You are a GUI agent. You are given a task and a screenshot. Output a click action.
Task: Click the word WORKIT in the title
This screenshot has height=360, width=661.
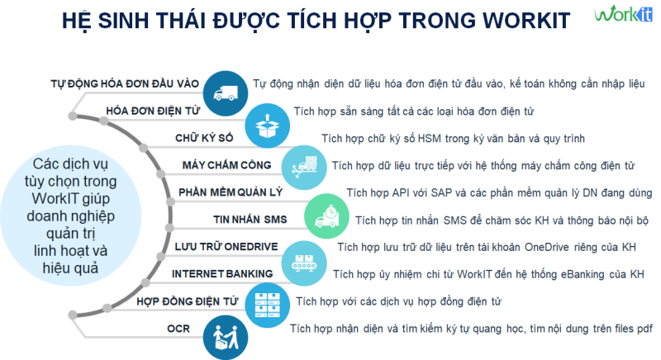(526, 21)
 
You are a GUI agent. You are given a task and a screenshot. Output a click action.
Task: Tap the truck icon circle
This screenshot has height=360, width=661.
(226, 93)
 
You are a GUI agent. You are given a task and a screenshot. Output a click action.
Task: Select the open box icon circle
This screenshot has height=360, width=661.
(267, 126)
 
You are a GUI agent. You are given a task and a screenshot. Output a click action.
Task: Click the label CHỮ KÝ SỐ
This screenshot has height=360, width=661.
(204, 138)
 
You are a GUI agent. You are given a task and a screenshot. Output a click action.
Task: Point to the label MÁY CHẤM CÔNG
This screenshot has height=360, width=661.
(226, 165)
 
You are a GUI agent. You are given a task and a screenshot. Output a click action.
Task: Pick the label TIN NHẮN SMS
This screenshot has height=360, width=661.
(250, 220)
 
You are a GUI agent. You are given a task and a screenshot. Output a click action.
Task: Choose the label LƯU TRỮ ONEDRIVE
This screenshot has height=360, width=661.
(226, 246)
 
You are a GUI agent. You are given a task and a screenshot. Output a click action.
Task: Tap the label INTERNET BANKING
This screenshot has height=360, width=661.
(222, 273)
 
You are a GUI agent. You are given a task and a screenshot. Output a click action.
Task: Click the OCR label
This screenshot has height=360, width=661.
(178, 329)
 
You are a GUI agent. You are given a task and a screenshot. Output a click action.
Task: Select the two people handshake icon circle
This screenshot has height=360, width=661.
(226, 338)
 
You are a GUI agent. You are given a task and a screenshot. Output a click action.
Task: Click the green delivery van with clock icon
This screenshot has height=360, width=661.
(326, 216)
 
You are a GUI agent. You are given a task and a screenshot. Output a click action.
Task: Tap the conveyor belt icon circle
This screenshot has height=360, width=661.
(304, 263)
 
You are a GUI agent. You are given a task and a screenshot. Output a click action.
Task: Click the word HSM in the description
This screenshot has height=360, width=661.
(429, 139)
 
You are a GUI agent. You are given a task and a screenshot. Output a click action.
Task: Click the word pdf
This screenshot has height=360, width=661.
(644, 329)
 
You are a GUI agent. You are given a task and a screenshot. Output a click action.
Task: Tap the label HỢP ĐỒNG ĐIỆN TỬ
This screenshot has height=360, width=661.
(188, 301)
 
